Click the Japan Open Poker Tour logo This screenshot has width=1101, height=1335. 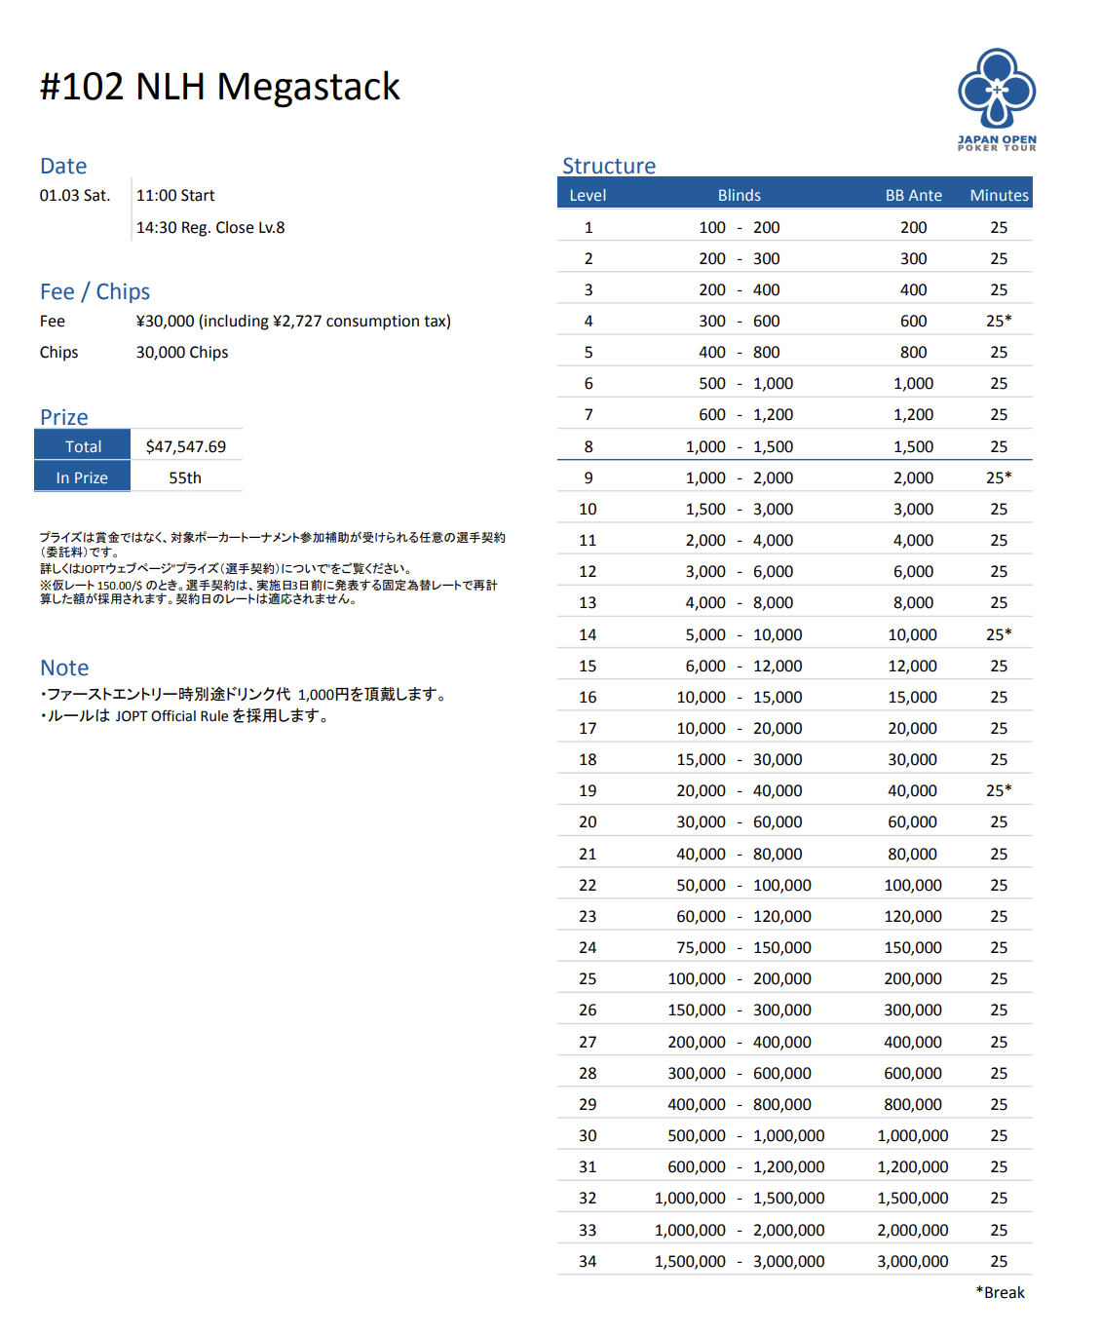997,98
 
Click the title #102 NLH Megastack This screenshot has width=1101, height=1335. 219,87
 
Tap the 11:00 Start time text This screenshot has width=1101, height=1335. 175,196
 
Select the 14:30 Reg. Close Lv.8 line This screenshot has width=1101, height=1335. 210,228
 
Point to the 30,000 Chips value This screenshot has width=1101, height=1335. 182,353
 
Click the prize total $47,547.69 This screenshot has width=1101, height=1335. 186,447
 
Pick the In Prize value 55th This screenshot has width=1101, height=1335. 185,478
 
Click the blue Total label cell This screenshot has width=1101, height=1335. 83,447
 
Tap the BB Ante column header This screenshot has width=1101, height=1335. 913,196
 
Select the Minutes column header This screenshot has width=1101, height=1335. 999,196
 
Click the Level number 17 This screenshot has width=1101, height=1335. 588,729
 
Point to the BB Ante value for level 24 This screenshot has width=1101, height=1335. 913,948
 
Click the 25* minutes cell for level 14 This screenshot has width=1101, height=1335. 999,635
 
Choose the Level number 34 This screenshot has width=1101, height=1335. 588,1262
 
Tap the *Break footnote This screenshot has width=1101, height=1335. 1000,1293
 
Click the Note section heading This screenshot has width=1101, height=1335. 64,668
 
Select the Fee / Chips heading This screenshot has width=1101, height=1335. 95,292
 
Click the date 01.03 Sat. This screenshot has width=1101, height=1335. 75,196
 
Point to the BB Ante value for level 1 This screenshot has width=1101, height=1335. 913,228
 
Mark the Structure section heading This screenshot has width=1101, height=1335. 609,167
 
